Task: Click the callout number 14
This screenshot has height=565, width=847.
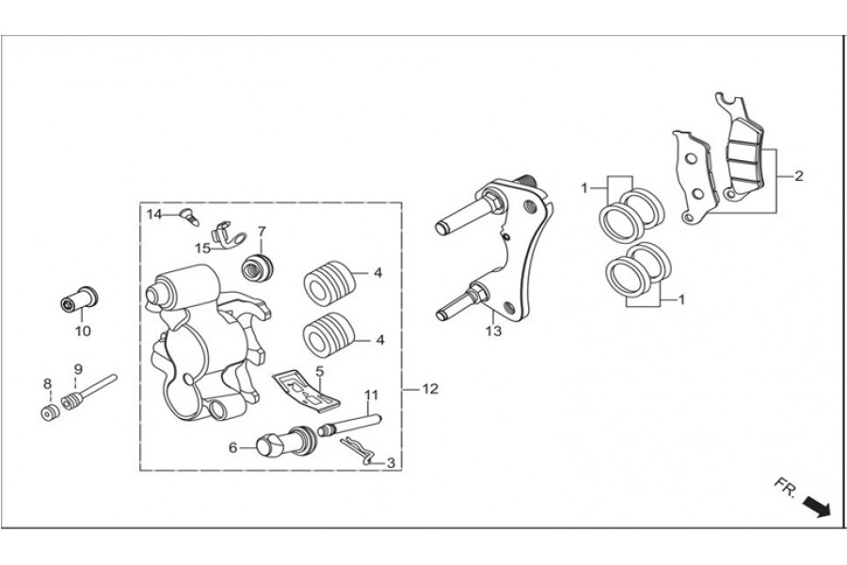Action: [154, 215]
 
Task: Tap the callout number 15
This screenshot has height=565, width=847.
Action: [203, 248]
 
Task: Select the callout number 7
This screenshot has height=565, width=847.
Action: [262, 232]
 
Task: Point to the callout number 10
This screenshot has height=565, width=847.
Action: [83, 331]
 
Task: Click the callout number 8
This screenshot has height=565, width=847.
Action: [47, 383]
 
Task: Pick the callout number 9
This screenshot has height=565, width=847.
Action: [78, 369]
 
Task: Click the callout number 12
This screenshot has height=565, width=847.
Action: [430, 388]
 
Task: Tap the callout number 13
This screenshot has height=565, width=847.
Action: [491, 331]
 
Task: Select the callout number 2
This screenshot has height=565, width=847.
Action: [798, 176]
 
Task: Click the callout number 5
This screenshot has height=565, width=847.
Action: [320, 371]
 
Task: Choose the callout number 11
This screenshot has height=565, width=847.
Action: [371, 395]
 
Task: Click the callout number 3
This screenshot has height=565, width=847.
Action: [391, 462]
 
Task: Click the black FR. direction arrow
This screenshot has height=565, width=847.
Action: [815, 508]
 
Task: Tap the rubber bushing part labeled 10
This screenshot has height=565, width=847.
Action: [79, 298]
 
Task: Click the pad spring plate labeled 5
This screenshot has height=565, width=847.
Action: [306, 392]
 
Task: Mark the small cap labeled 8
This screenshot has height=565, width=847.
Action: [48, 414]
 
